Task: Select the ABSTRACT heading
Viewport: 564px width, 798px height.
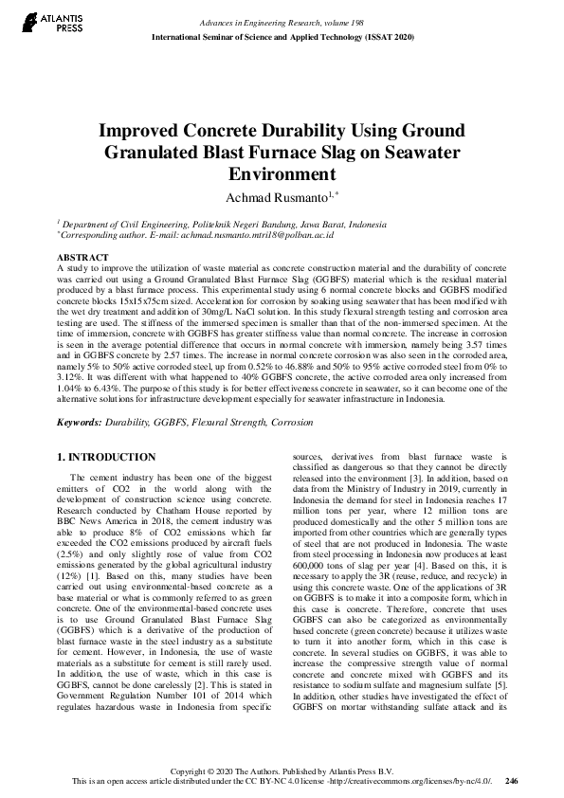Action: (83, 258)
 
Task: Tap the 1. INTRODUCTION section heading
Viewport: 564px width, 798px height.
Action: (106, 457)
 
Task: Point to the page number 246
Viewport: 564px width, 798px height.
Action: (512, 782)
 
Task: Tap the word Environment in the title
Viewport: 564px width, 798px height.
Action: (282, 173)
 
